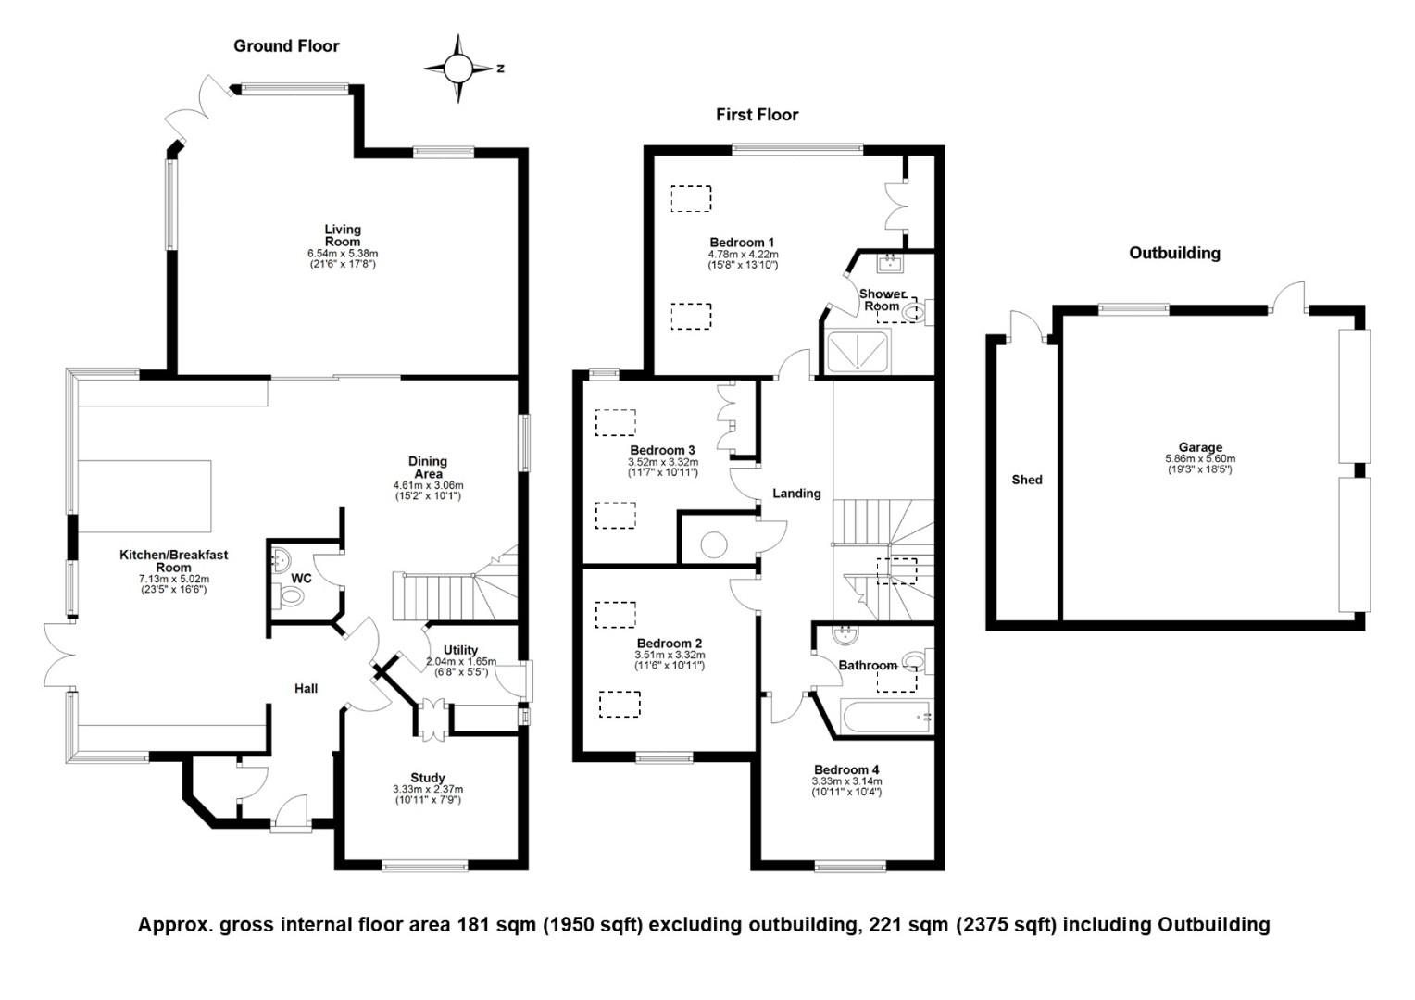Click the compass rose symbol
(x=457, y=69)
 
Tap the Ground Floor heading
(x=286, y=46)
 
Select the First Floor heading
(x=757, y=115)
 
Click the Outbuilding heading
(x=1174, y=253)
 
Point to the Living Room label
(x=343, y=235)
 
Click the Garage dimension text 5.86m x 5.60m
(x=1200, y=459)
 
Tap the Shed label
(x=1027, y=480)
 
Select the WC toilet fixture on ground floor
(x=291, y=597)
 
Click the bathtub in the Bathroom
(x=884, y=717)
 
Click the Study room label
(x=428, y=778)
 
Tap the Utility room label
(x=460, y=650)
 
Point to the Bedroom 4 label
(x=846, y=769)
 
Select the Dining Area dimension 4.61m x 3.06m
(x=428, y=485)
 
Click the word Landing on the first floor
(x=796, y=494)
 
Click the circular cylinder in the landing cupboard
(x=714, y=544)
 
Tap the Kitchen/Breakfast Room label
(x=173, y=561)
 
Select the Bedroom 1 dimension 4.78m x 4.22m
(x=743, y=255)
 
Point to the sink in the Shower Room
(x=890, y=264)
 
